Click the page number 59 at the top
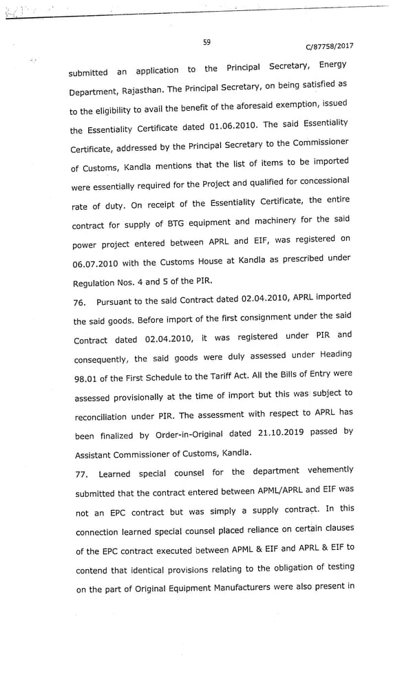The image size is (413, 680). (x=206, y=43)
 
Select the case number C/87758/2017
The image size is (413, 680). (x=330, y=47)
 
